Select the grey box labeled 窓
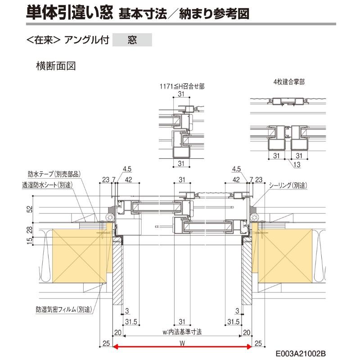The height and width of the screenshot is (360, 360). pos(132,40)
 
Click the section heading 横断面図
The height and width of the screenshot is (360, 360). pos(55,66)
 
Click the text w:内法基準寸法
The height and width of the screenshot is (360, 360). pos(182,332)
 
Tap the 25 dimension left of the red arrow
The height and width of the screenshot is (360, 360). pos(105,343)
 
